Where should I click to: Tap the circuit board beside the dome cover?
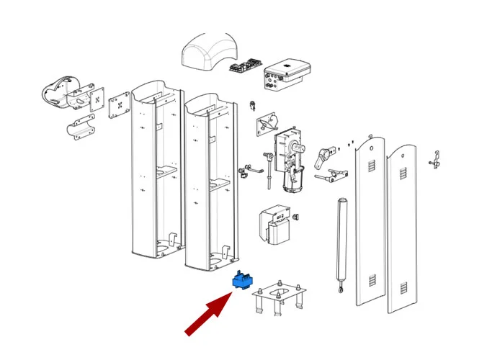coord(244,67)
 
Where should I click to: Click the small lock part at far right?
coord(435,160)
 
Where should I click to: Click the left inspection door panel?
coord(372,223)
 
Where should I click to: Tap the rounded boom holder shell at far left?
coord(58,93)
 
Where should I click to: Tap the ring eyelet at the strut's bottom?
coord(338,290)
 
